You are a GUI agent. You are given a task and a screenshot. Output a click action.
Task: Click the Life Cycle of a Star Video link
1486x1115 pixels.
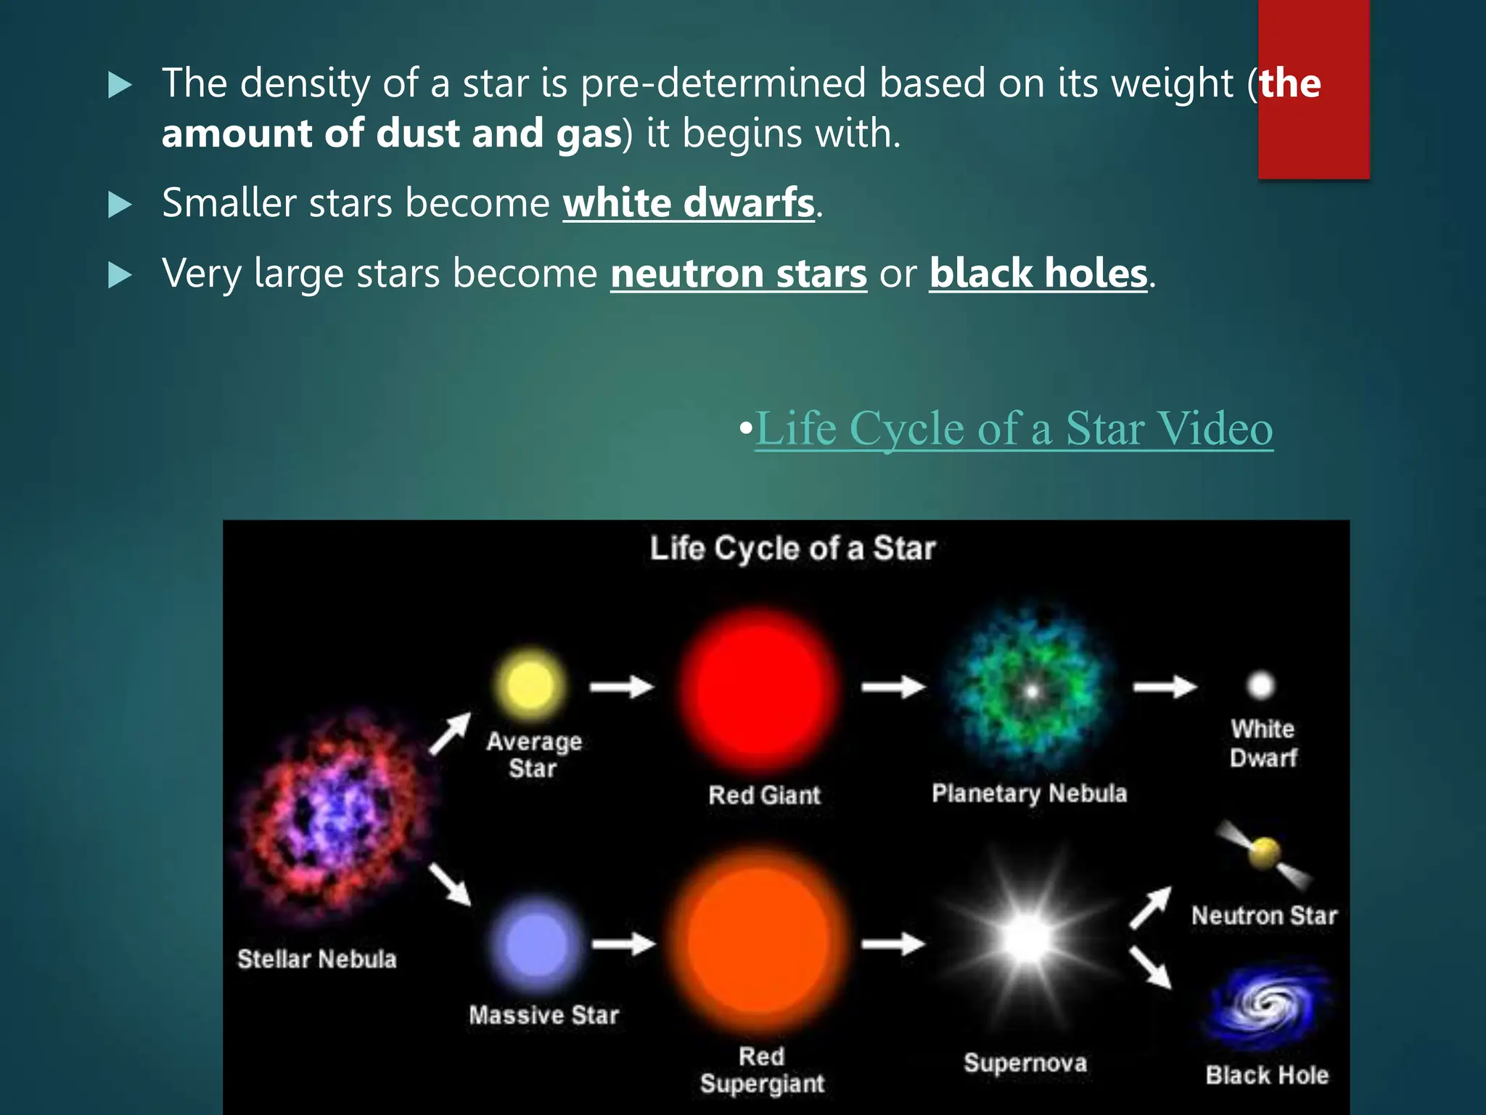click(x=1014, y=428)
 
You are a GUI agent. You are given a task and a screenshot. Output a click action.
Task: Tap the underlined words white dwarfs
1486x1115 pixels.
click(x=689, y=203)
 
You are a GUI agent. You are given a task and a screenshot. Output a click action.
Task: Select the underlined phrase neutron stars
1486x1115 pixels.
click(x=739, y=274)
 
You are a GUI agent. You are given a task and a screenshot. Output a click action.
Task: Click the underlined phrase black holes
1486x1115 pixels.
click(x=1038, y=274)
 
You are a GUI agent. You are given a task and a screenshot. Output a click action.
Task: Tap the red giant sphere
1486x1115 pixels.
click(x=760, y=690)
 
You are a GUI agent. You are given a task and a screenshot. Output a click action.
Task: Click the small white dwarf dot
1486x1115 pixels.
click(x=1260, y=685)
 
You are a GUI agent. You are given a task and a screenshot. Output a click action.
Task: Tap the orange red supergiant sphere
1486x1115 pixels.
click(x=758, y=941)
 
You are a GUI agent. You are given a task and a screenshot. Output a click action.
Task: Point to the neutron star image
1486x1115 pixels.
click(x=1265, y=853)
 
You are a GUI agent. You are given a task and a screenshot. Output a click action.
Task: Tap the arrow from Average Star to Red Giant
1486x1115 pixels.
click(x=622, y=686)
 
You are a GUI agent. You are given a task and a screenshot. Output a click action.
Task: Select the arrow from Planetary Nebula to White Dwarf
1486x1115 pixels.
click(x=1165, y=686)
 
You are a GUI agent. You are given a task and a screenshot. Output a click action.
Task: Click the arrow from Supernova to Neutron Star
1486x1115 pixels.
click(x=1151, y=907)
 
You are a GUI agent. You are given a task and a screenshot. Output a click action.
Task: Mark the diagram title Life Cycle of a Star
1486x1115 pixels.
click(x=792, y=549)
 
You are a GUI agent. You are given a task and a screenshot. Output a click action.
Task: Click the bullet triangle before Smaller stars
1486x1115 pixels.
click(x=120, y=205)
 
